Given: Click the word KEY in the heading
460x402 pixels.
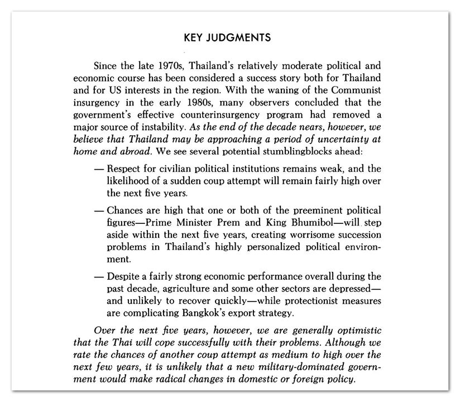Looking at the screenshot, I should point(193,38).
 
